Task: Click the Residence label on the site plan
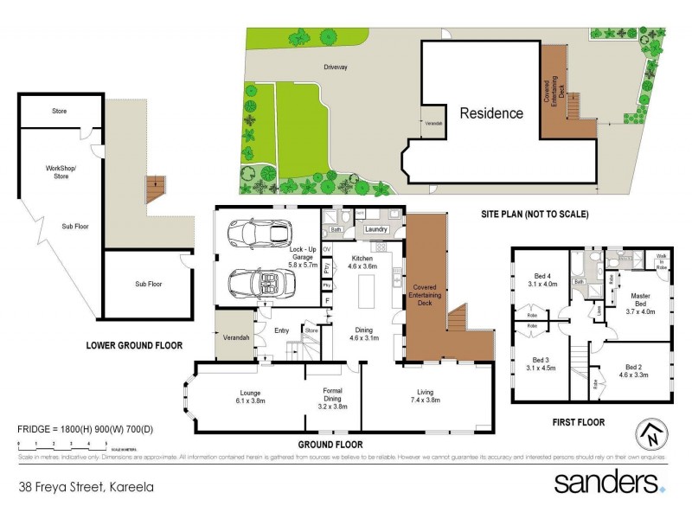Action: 490,113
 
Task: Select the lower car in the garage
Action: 258,282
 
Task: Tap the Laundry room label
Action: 375,229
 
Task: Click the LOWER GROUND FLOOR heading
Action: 134,345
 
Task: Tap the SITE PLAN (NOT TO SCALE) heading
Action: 534,214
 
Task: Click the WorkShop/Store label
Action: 61,172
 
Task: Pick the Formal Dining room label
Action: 333,396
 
